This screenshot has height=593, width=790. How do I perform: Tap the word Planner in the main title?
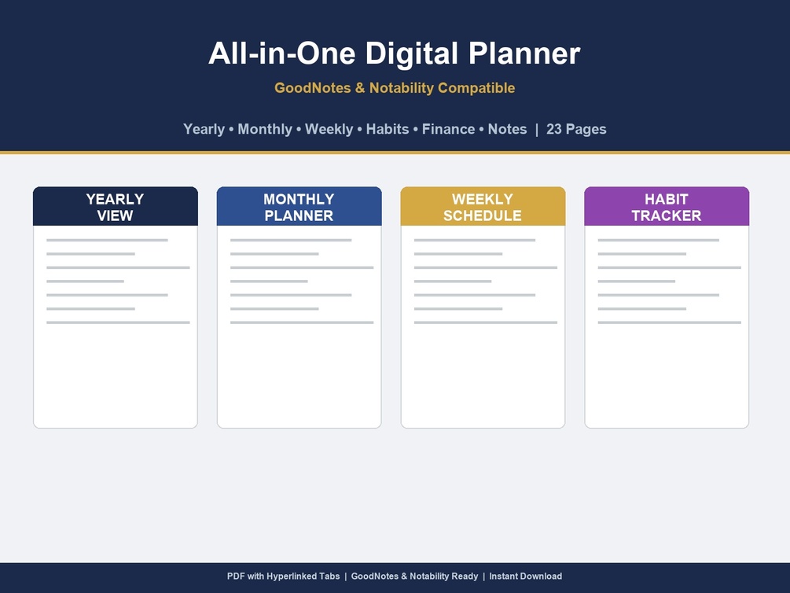[524, 53]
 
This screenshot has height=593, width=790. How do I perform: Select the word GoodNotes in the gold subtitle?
[312, 88]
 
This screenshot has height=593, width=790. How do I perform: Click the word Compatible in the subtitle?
[476, 88]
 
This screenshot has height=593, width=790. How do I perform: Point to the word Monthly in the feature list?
[264, 130]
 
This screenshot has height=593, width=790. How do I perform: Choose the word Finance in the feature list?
[448, 129]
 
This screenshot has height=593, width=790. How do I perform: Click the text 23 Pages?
[576, 130]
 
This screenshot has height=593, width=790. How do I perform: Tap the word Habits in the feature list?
[388, 129]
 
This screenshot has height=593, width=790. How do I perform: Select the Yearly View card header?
[116, 206]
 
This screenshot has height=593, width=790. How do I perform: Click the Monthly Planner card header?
[299, 206]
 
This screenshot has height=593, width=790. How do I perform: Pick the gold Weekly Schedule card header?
[483, 206]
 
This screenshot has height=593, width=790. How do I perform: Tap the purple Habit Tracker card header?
[667, 206]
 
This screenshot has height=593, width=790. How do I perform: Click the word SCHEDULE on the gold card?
[483, 215]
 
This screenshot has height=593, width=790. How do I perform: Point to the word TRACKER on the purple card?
[667, 215]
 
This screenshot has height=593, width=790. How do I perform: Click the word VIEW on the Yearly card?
[115, 215]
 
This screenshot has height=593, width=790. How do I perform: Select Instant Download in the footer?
[526, 576]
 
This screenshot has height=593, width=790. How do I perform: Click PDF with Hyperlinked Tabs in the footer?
[283, 576]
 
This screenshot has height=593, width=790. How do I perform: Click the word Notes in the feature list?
[507, 129]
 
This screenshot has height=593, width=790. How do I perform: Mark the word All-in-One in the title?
[282, 53]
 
